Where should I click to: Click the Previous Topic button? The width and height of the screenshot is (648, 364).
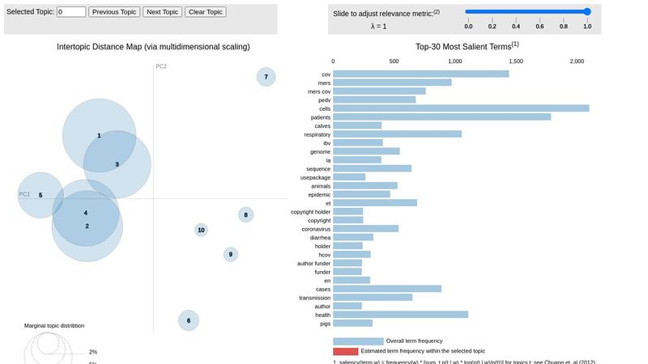114,12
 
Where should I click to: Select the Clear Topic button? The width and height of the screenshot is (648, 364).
206,12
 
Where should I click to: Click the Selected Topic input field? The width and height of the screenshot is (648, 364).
71,12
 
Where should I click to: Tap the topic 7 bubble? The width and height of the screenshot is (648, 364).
266,77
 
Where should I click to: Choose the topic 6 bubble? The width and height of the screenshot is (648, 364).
188,320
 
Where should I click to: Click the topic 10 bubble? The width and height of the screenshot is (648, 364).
201,230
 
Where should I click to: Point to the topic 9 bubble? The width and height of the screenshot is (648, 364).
231,254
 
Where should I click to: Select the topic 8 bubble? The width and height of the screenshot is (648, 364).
245,214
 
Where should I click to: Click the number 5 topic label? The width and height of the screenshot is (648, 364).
40,195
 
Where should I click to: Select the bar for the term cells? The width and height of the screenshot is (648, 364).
461,108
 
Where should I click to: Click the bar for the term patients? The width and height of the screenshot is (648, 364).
441,116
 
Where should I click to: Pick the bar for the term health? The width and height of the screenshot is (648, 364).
400,314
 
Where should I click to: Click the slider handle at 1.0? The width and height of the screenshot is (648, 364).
587,12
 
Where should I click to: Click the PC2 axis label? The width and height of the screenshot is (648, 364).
161,66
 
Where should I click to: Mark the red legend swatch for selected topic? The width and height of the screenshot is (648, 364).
345,351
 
